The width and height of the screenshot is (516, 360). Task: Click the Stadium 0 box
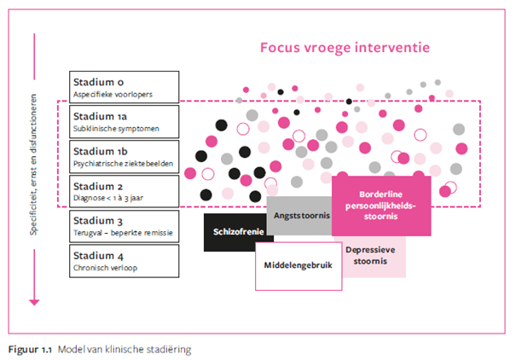point(124,87)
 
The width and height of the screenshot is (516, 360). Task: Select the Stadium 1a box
point(124,122)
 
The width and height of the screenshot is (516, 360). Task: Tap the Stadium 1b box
point(124,157)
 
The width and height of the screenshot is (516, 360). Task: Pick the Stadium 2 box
point(124,191)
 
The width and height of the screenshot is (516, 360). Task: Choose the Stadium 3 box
point(124,226)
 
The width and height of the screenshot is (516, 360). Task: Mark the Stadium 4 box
point(124,261)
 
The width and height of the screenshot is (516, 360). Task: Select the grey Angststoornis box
point(300,216)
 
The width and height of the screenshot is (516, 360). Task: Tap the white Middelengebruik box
point(299,266)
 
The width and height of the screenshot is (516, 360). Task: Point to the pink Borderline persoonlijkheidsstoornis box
point(381,206)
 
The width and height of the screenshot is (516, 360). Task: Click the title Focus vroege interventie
point(345,48)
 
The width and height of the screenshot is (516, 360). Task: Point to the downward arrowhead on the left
point(34,302)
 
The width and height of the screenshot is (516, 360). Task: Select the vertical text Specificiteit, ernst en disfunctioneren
point(33,165)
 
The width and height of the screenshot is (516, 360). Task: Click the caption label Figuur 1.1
point(30,350)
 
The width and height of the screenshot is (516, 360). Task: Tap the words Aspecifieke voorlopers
point(113,95)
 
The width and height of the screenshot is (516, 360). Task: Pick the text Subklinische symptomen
point(116,129)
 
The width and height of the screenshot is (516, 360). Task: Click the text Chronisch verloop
point(105,268)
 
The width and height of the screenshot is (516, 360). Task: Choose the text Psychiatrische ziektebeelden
point(123,164)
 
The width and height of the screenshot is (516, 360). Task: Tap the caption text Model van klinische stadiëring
point(125,350)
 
